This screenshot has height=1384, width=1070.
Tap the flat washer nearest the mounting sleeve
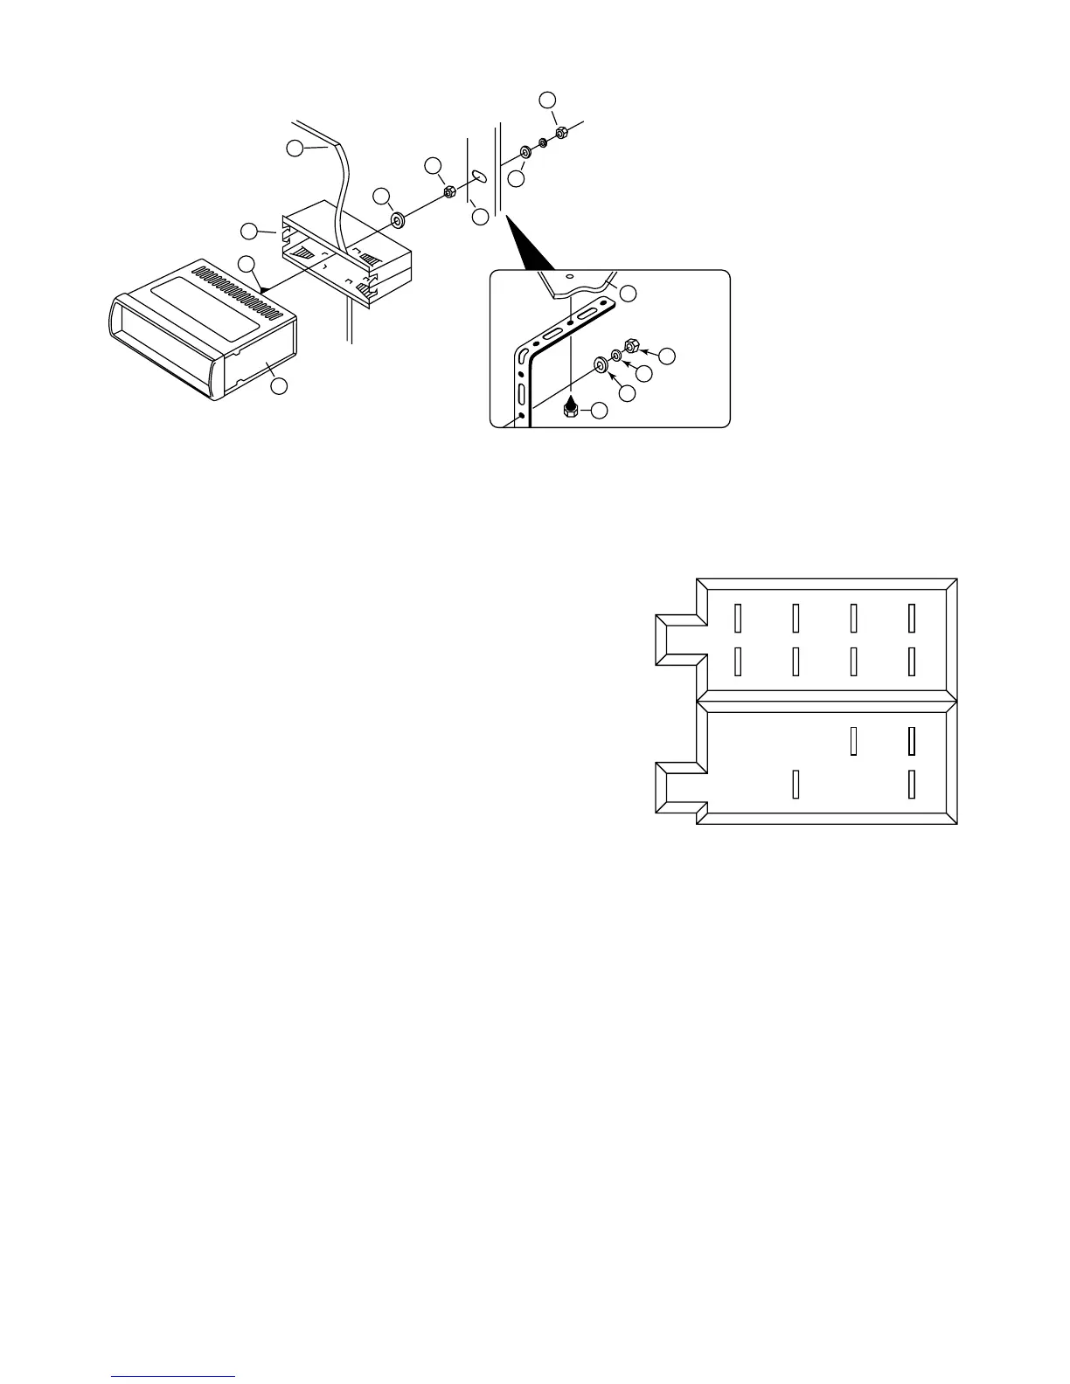coord(397,221)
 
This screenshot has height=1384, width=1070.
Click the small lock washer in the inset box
coord(616,356)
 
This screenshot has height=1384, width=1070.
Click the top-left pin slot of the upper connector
coord(738,618)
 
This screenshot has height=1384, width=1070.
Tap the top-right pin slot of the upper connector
coord(911,618)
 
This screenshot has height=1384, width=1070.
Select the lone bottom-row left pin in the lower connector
coord(796,784)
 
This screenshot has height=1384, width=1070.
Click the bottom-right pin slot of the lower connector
coord(911,784)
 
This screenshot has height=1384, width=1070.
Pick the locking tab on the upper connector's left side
coord(678,640)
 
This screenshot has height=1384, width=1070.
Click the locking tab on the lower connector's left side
coord(678,789)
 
